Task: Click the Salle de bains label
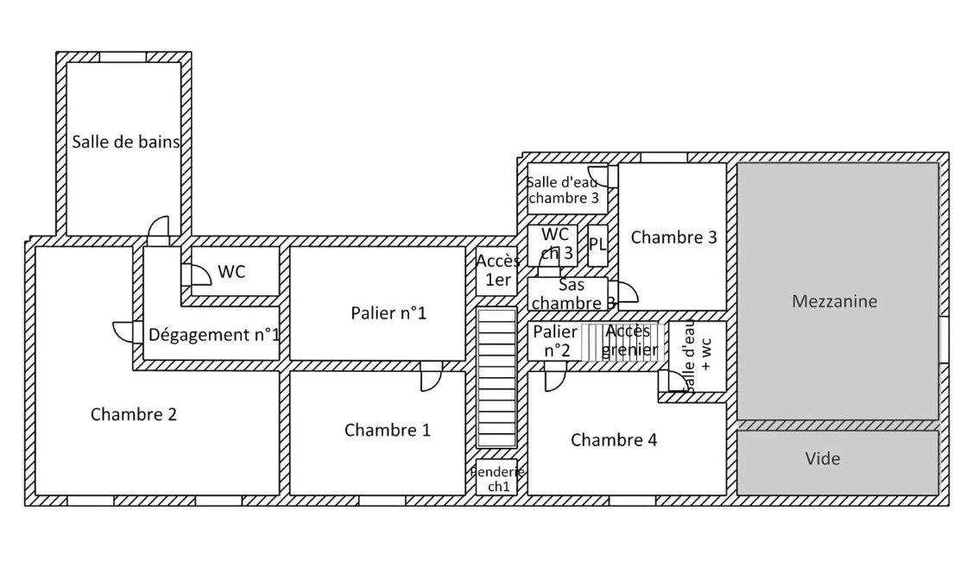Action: pyautogui.click(x=126, y=142)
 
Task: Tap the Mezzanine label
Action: pyautogui.click(x=834, y=301)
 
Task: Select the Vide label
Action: pyautogui.click(x=822, y=458)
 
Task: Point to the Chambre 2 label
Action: pyautogui.click(x=134, y=414)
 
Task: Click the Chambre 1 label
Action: pyautogui.click(x=387, y=430)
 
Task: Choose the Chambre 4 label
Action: pyautogui.click(x=614, y=440)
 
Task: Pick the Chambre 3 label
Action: pyautogui.click(x=673, y=237)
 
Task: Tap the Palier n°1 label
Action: pyautogui.click(x=388, y=312)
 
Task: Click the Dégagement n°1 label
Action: pyautogui.click(x=213, y=335)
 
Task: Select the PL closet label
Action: pyautogui.click(x=597, y=244)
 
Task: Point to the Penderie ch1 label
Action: pyautogui.click(x=498, y=479)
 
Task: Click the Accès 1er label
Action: pyautogui.click(x=497, y=269)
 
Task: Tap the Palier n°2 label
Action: pyautogui.click(x=555, y=341)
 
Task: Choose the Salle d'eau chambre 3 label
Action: pyautogui.click(x=563, y=190)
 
